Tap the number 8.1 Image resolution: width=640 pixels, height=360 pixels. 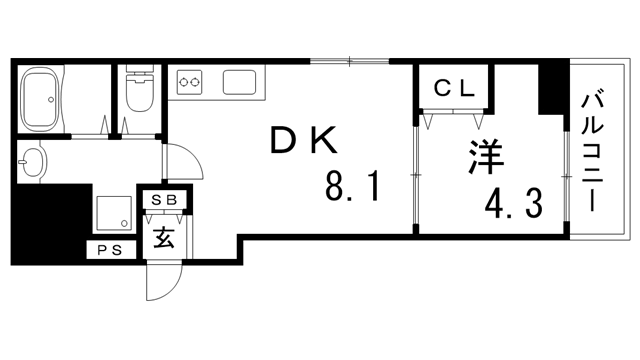pos(351,187)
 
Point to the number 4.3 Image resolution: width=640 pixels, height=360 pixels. pos(515,204)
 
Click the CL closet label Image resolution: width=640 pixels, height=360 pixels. pos(453,89)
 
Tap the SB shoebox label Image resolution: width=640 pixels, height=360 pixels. pos(161,200)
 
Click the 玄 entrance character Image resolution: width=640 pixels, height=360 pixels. pos(161,238)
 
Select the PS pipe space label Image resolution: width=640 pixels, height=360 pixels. pos(110,251)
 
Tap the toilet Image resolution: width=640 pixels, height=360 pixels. pos(138,93)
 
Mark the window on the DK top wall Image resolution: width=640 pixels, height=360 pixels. pos(348,63)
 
